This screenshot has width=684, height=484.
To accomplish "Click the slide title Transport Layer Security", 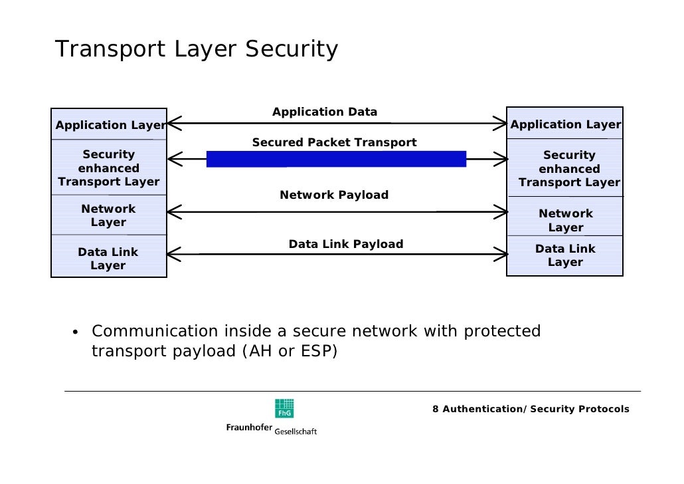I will [x=197, y=50].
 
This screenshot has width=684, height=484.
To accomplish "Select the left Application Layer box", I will [x=109, y=125].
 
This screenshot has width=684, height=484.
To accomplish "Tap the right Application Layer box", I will [x=565, y=124].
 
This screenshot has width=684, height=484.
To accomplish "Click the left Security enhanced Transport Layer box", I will [x=109, y=168].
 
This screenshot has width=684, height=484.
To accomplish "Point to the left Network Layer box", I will [x=108, y=215].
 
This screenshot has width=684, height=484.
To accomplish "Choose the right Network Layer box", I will [x=565, y=220].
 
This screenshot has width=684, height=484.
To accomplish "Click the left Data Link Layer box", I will [x=108, y=259].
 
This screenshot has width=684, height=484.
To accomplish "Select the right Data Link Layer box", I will [x=565, y=255].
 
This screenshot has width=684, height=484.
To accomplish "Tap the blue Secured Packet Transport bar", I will [x=336, y=159].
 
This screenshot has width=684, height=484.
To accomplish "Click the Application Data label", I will [x=325, y=112].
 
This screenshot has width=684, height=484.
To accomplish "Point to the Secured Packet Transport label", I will [x=334, y=142].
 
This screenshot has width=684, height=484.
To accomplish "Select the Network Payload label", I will [x=334, y=195].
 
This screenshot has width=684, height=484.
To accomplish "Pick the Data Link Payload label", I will [x=345, y=244].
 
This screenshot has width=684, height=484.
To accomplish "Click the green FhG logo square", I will [x=284, y=408].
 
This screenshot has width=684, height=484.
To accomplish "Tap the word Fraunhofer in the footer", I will [x=249, y=427].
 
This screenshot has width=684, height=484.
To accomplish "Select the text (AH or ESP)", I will [x=287, y=351].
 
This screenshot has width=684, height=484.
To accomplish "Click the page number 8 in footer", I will [x=435, y=409].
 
